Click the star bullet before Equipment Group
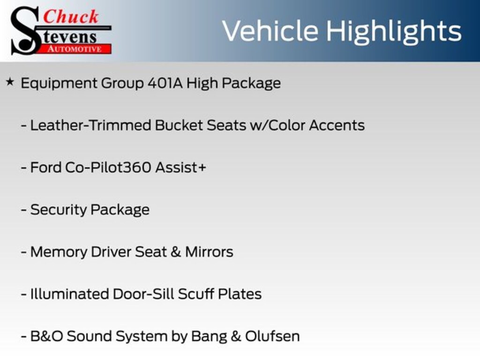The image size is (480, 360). pyautogui.click(x=10, y=82)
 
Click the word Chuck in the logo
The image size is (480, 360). pyautogui.click(x=71, y=16)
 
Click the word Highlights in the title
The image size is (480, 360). pyautogui.click(x=393, y=32)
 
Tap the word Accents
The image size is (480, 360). pyautogui.click(x=337, y=125)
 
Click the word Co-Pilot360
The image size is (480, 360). pyautogui.click(x=108, y=167)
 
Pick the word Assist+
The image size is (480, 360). pyautogui.click(x=180, y=167)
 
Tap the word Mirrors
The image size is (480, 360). pyautogui.click(x=209, y=252)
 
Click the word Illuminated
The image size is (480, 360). pyautogui.click(x=69, y=294)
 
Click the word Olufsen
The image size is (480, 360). pyautogui.click(x=272, y=336)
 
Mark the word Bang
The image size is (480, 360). pyautogui.click(x=209, y=337)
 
